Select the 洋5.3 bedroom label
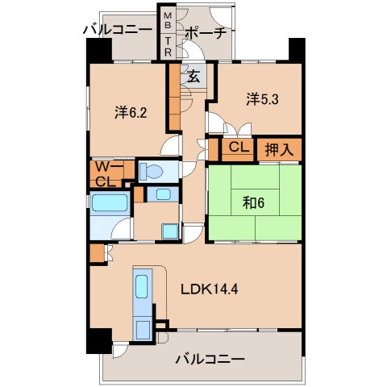click(264, 99)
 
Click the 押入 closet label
click(280, 148)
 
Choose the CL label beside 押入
click(236, 148)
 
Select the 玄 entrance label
click(194, 77)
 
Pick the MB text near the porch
click(168, 21)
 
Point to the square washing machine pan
click(170, 231)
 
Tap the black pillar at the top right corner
click(296, 52)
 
